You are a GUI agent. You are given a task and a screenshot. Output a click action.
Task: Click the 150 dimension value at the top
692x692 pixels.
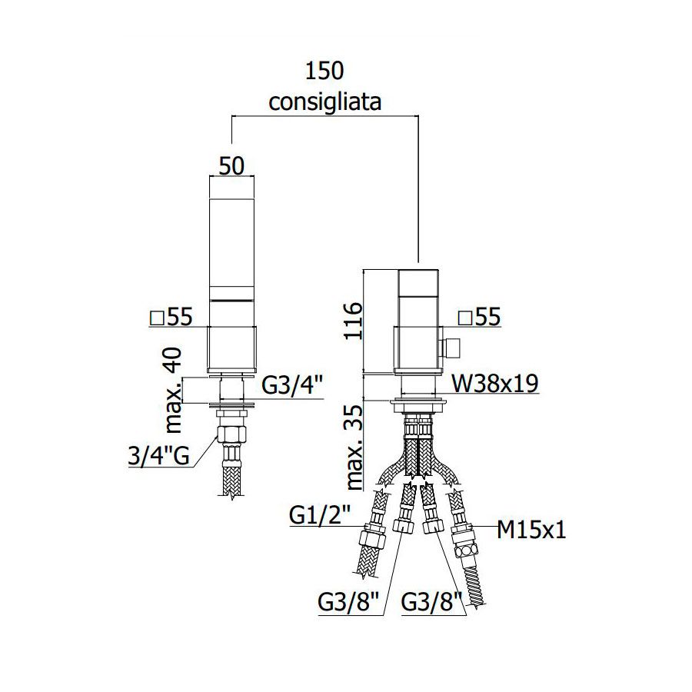coord(324,71)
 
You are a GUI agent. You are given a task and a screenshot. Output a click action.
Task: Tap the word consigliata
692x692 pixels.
coord(325,102)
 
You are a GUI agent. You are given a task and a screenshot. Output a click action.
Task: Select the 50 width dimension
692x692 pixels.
coord(231,166)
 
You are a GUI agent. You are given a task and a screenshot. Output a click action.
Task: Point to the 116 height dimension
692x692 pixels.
coord(353,321)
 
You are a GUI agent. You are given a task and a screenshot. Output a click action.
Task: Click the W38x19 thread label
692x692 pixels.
coord(494,384)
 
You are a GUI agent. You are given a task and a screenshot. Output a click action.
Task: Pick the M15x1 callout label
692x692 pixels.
coord(531,530)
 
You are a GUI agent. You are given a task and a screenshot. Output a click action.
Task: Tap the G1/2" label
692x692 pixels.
coord(320,514)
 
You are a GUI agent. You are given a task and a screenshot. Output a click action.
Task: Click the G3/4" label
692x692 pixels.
coord(293,386)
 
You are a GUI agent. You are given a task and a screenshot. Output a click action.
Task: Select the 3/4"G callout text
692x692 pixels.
coord(159,455)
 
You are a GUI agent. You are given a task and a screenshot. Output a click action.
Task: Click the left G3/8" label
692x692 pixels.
coord(348,602)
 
